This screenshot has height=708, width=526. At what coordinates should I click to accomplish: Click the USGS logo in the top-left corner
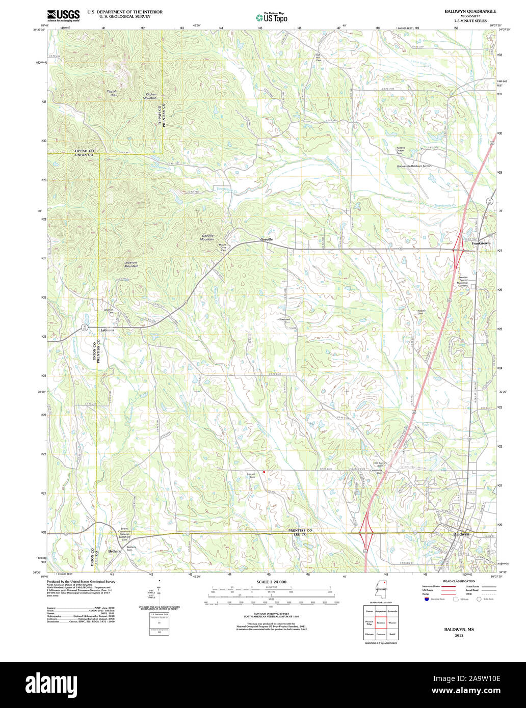point(63,16)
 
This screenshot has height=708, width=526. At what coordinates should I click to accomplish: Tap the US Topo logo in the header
point(271,17)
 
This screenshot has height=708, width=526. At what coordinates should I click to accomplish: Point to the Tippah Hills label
point(111,93)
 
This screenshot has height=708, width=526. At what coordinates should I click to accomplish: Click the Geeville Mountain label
point(207,237)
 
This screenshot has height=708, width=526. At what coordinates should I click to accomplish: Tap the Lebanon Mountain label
point(131,264)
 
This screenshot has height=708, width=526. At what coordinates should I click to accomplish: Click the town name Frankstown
point(480,244)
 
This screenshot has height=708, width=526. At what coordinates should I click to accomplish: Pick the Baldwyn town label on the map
point(461,534)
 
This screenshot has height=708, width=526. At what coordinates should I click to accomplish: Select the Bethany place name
point(115,551)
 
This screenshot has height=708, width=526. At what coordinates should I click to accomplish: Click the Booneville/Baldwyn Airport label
point(414,166)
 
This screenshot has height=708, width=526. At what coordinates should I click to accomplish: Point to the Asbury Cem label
point(421,312)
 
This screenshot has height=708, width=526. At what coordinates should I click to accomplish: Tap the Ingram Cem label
point(251,475)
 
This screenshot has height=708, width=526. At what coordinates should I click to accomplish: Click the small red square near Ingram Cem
point(264,472)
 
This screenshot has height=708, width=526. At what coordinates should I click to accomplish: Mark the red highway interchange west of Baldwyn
point(366,533)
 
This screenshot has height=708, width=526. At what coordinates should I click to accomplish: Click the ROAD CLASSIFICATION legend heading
point(455,581)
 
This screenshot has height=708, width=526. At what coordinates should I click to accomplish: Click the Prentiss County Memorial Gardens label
point(463,282)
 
